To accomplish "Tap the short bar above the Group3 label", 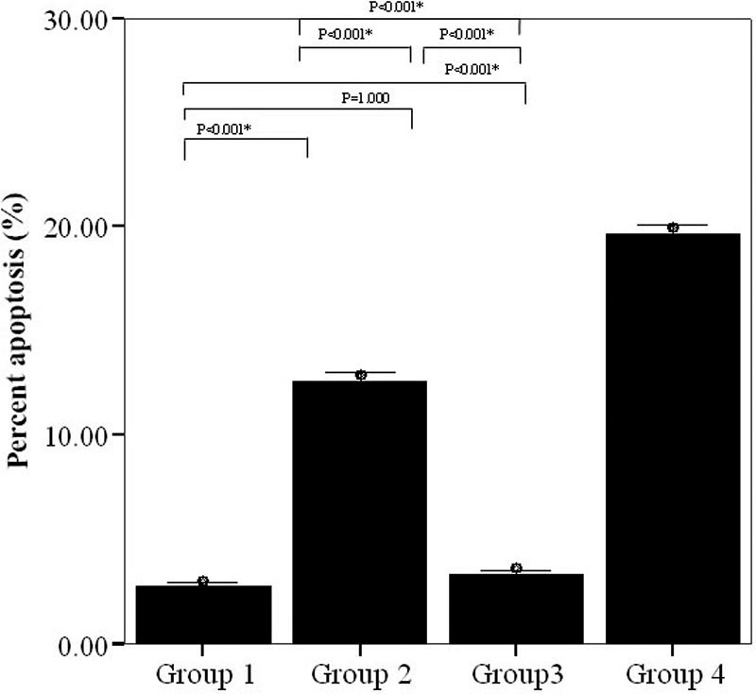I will click(516, 608).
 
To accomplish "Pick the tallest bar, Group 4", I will click(672, 438).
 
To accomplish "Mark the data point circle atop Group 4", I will click(673, 227).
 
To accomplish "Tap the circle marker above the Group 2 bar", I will click(360, 375).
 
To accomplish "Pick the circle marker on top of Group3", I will click(516, 568).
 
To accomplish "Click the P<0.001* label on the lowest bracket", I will click(224, 128).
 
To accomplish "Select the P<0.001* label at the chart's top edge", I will click(396, 7).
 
